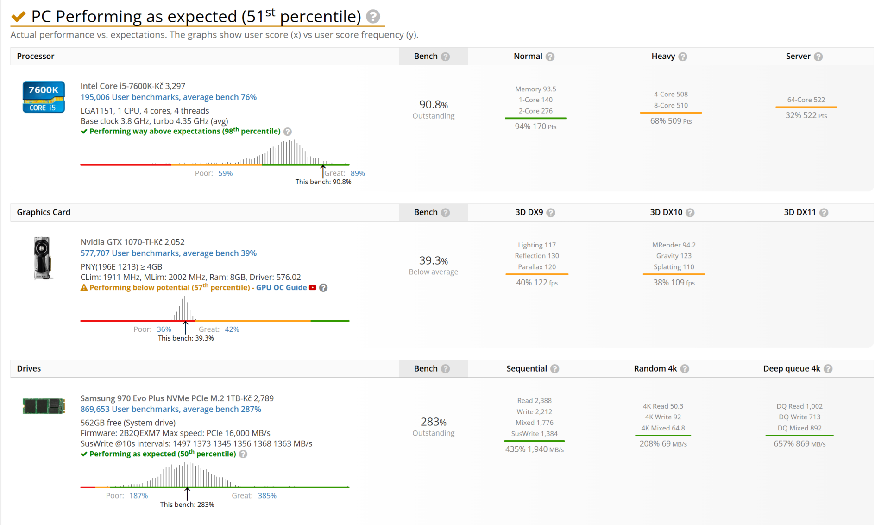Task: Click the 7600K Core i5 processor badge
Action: [x=44, y=97]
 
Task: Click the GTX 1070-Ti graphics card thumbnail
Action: [x=43, y=258]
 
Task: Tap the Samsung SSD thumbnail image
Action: [x=44, y=406]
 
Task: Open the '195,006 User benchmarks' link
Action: [x=168, y=97]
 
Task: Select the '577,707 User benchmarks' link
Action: [x=168, y=253]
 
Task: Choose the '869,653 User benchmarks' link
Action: [x=170, y=410]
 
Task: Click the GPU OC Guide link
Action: [x=281, y=288]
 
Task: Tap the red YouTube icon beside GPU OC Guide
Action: [x=313, y=288]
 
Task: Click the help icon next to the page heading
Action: [x=373, y=17]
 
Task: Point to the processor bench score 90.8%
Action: [x=433, y=105]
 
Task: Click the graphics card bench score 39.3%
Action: [x=433, y=261]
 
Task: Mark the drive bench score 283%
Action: [x=433, y=422]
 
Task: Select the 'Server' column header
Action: [x=798, y=57]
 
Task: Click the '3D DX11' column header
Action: [x=799, y=213]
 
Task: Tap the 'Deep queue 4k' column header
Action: [x=792, y=369]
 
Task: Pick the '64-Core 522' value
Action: [x=806, y=100]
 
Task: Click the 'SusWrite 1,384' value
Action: [x=534, y=434]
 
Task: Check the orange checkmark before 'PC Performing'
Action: [x=19, y=17]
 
